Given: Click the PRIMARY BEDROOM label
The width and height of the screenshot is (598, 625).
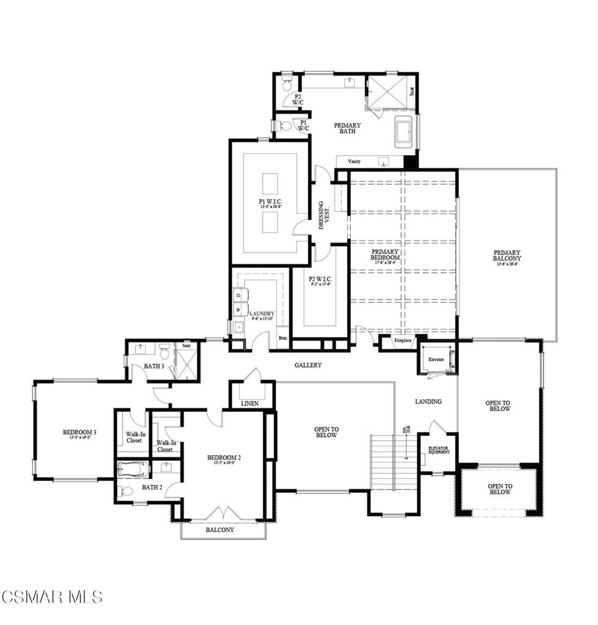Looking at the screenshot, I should click(386, 255).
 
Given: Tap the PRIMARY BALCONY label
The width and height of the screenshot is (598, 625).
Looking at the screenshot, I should click(507, 256).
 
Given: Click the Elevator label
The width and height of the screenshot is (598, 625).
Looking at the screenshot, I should click(436, 359).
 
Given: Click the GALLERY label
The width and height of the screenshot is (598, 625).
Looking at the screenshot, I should click(308, 365).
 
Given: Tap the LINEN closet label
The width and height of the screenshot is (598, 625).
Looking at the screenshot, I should click(250, 403).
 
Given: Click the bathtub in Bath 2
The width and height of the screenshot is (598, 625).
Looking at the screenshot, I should click(132, 471).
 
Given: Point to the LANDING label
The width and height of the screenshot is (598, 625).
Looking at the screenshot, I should click(428, 401).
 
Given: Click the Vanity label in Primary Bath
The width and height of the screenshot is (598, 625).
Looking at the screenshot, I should click(354, 161).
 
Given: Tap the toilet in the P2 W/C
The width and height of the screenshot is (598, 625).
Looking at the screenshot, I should click(288, 81).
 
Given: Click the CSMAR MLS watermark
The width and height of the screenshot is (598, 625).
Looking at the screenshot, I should click(52, 596).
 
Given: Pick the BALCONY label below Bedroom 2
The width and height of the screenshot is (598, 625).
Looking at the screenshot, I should click(220, 530).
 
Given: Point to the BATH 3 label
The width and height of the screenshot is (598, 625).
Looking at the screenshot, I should click(154, 366).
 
